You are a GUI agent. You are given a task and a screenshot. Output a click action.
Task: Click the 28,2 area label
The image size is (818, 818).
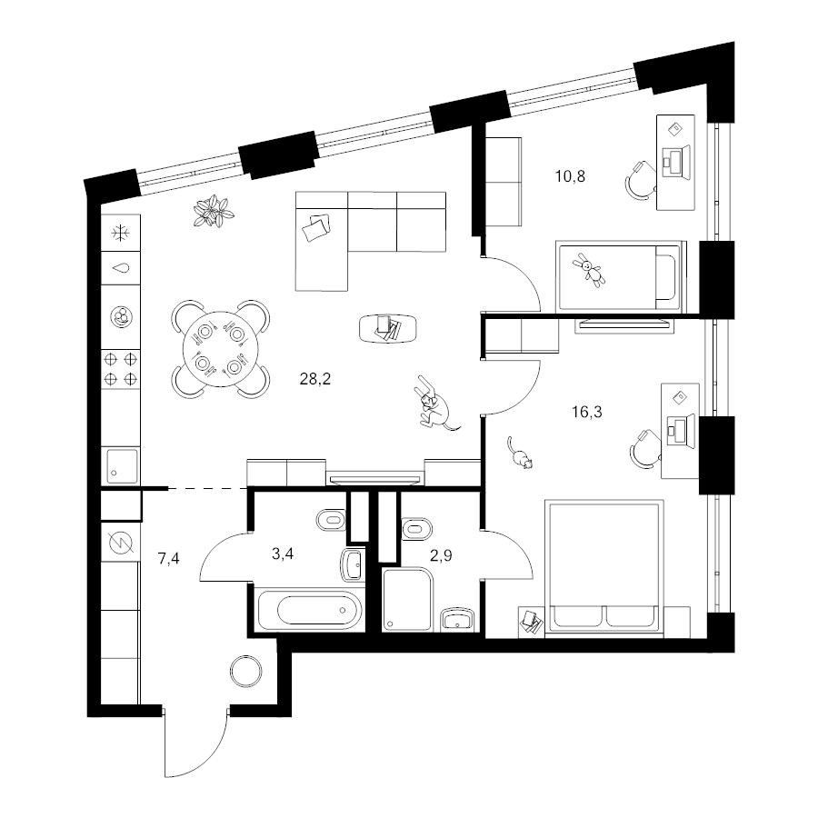pos(315,379)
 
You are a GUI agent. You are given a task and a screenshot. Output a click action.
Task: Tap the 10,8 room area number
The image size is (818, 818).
pos(570,176)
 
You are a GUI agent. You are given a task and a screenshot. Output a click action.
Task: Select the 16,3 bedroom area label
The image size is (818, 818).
pos(586,412)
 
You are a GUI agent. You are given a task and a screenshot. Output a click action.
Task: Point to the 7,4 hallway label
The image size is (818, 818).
pos(168,559)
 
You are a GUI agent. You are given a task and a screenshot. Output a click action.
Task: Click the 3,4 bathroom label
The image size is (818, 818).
pos(283,554)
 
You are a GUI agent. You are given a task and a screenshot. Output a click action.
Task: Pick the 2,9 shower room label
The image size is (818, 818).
pos(441,555)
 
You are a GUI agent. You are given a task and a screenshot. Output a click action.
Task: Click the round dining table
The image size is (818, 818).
pos(220,349)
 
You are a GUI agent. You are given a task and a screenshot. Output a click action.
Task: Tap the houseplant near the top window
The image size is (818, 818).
pos(213,212)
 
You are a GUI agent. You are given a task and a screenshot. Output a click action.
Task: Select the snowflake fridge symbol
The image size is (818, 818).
pos(121,233)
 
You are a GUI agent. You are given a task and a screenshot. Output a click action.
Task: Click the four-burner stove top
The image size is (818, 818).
pos(121,369)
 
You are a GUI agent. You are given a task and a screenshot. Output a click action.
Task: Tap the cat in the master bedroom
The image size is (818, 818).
pos(521,454)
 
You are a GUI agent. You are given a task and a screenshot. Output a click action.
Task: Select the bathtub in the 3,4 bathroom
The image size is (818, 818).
pos(311,610)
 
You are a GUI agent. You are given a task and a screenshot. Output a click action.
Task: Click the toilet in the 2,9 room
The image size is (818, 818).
pos(417,529)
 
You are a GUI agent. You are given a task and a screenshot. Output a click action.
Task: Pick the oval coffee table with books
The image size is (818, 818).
pos(388,329)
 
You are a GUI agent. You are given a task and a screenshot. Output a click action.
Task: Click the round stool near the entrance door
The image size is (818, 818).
pos(245,672)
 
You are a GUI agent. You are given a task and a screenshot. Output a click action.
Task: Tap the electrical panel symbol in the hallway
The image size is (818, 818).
pos(121,543)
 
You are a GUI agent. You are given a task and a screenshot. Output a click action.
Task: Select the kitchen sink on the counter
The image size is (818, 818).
pos(123,466)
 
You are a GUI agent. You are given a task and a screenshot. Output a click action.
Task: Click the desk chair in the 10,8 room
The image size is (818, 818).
pos(640,181)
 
